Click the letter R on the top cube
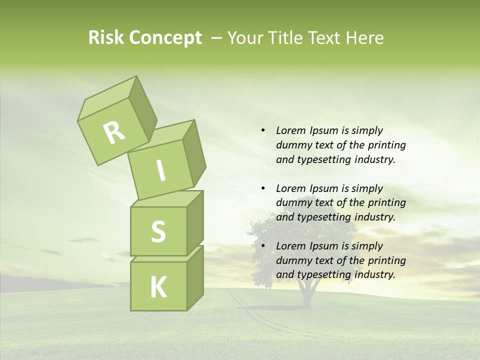coord(114,133)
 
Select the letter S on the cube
coord(158,231)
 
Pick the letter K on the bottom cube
coord(158,287)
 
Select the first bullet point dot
coord(263,130)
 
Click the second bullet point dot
coord(263,188)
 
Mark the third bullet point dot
coord(263,246)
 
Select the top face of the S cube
coord(166,199)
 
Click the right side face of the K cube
coord(195,277)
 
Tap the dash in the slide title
coord(217,37)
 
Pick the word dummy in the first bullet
coord(292,145)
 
